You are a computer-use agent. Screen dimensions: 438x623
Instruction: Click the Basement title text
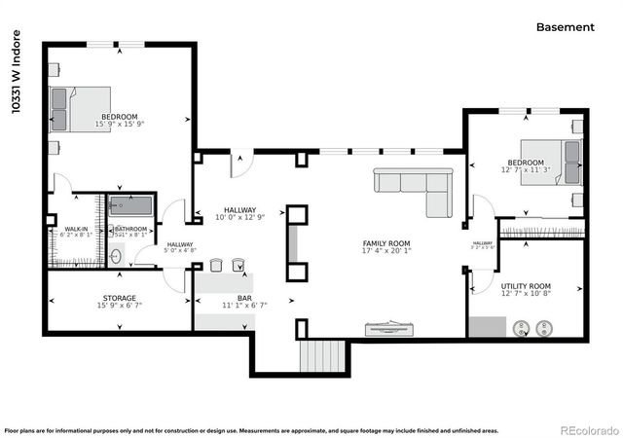point(565,27)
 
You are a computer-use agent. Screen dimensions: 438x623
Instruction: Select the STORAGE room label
point(119,298)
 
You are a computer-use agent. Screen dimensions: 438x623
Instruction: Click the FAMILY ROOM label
point(386,242)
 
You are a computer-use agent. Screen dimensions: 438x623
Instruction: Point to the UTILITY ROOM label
point(526,286)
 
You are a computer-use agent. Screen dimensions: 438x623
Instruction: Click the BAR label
point(244,298)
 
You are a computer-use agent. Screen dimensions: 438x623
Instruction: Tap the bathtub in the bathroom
point(131,206)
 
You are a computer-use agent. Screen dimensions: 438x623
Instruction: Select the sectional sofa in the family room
point(419,187)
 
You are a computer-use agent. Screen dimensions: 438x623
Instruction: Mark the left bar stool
point(216,264)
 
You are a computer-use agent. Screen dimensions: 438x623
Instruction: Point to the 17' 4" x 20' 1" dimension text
point(386,250)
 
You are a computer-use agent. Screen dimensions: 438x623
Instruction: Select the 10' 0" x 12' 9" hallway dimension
point(240,217)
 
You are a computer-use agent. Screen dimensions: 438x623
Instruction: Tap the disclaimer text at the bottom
point(251,429)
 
